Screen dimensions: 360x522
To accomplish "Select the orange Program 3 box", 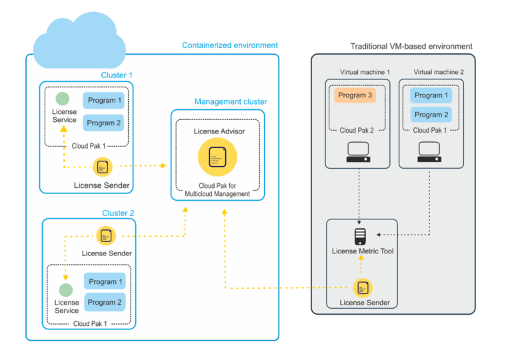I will pos(355,95).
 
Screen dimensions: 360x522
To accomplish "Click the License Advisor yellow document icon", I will pos(217,157).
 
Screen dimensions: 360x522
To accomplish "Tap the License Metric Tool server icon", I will pos(360,236).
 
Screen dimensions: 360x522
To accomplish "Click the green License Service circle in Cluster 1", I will pos(62,99).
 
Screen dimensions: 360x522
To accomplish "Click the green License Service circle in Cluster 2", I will pos(65,290).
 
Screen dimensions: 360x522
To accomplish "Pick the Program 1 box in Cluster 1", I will pos(104,101).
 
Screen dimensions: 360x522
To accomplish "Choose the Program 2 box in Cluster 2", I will pos(105,302).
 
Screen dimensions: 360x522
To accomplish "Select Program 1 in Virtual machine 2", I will pos(431,95).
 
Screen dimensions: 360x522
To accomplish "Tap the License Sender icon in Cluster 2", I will pos(106,236).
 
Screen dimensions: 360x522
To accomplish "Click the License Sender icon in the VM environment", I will pos(363,287).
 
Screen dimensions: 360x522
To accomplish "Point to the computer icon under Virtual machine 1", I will pos(358,153).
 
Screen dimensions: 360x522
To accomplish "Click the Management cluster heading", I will pos(230,102).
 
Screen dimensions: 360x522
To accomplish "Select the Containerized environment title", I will pos(229,45).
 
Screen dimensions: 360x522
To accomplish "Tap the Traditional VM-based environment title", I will pos(411,47).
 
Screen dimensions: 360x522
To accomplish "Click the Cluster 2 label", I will pos(118,213).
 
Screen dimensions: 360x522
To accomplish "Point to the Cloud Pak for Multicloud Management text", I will pos(217,190).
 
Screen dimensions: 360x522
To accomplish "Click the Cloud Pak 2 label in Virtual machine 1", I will pos(357,131).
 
